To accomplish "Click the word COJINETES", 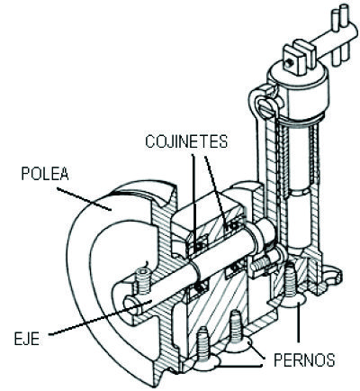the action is pos(186,141).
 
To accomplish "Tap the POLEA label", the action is pos(45,173).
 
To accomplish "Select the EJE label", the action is pos(27,339).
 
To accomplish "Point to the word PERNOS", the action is pos(304,359).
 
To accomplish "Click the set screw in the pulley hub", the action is pos(143,281).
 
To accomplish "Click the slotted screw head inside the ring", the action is pos(267,108).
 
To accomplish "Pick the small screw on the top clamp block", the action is pos(290,63).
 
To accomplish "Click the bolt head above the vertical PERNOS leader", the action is pos(293,301).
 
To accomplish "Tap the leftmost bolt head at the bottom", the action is pos(205,365).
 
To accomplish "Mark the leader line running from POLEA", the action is pos(84,198).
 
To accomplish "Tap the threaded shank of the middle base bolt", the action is pos(235,326).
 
